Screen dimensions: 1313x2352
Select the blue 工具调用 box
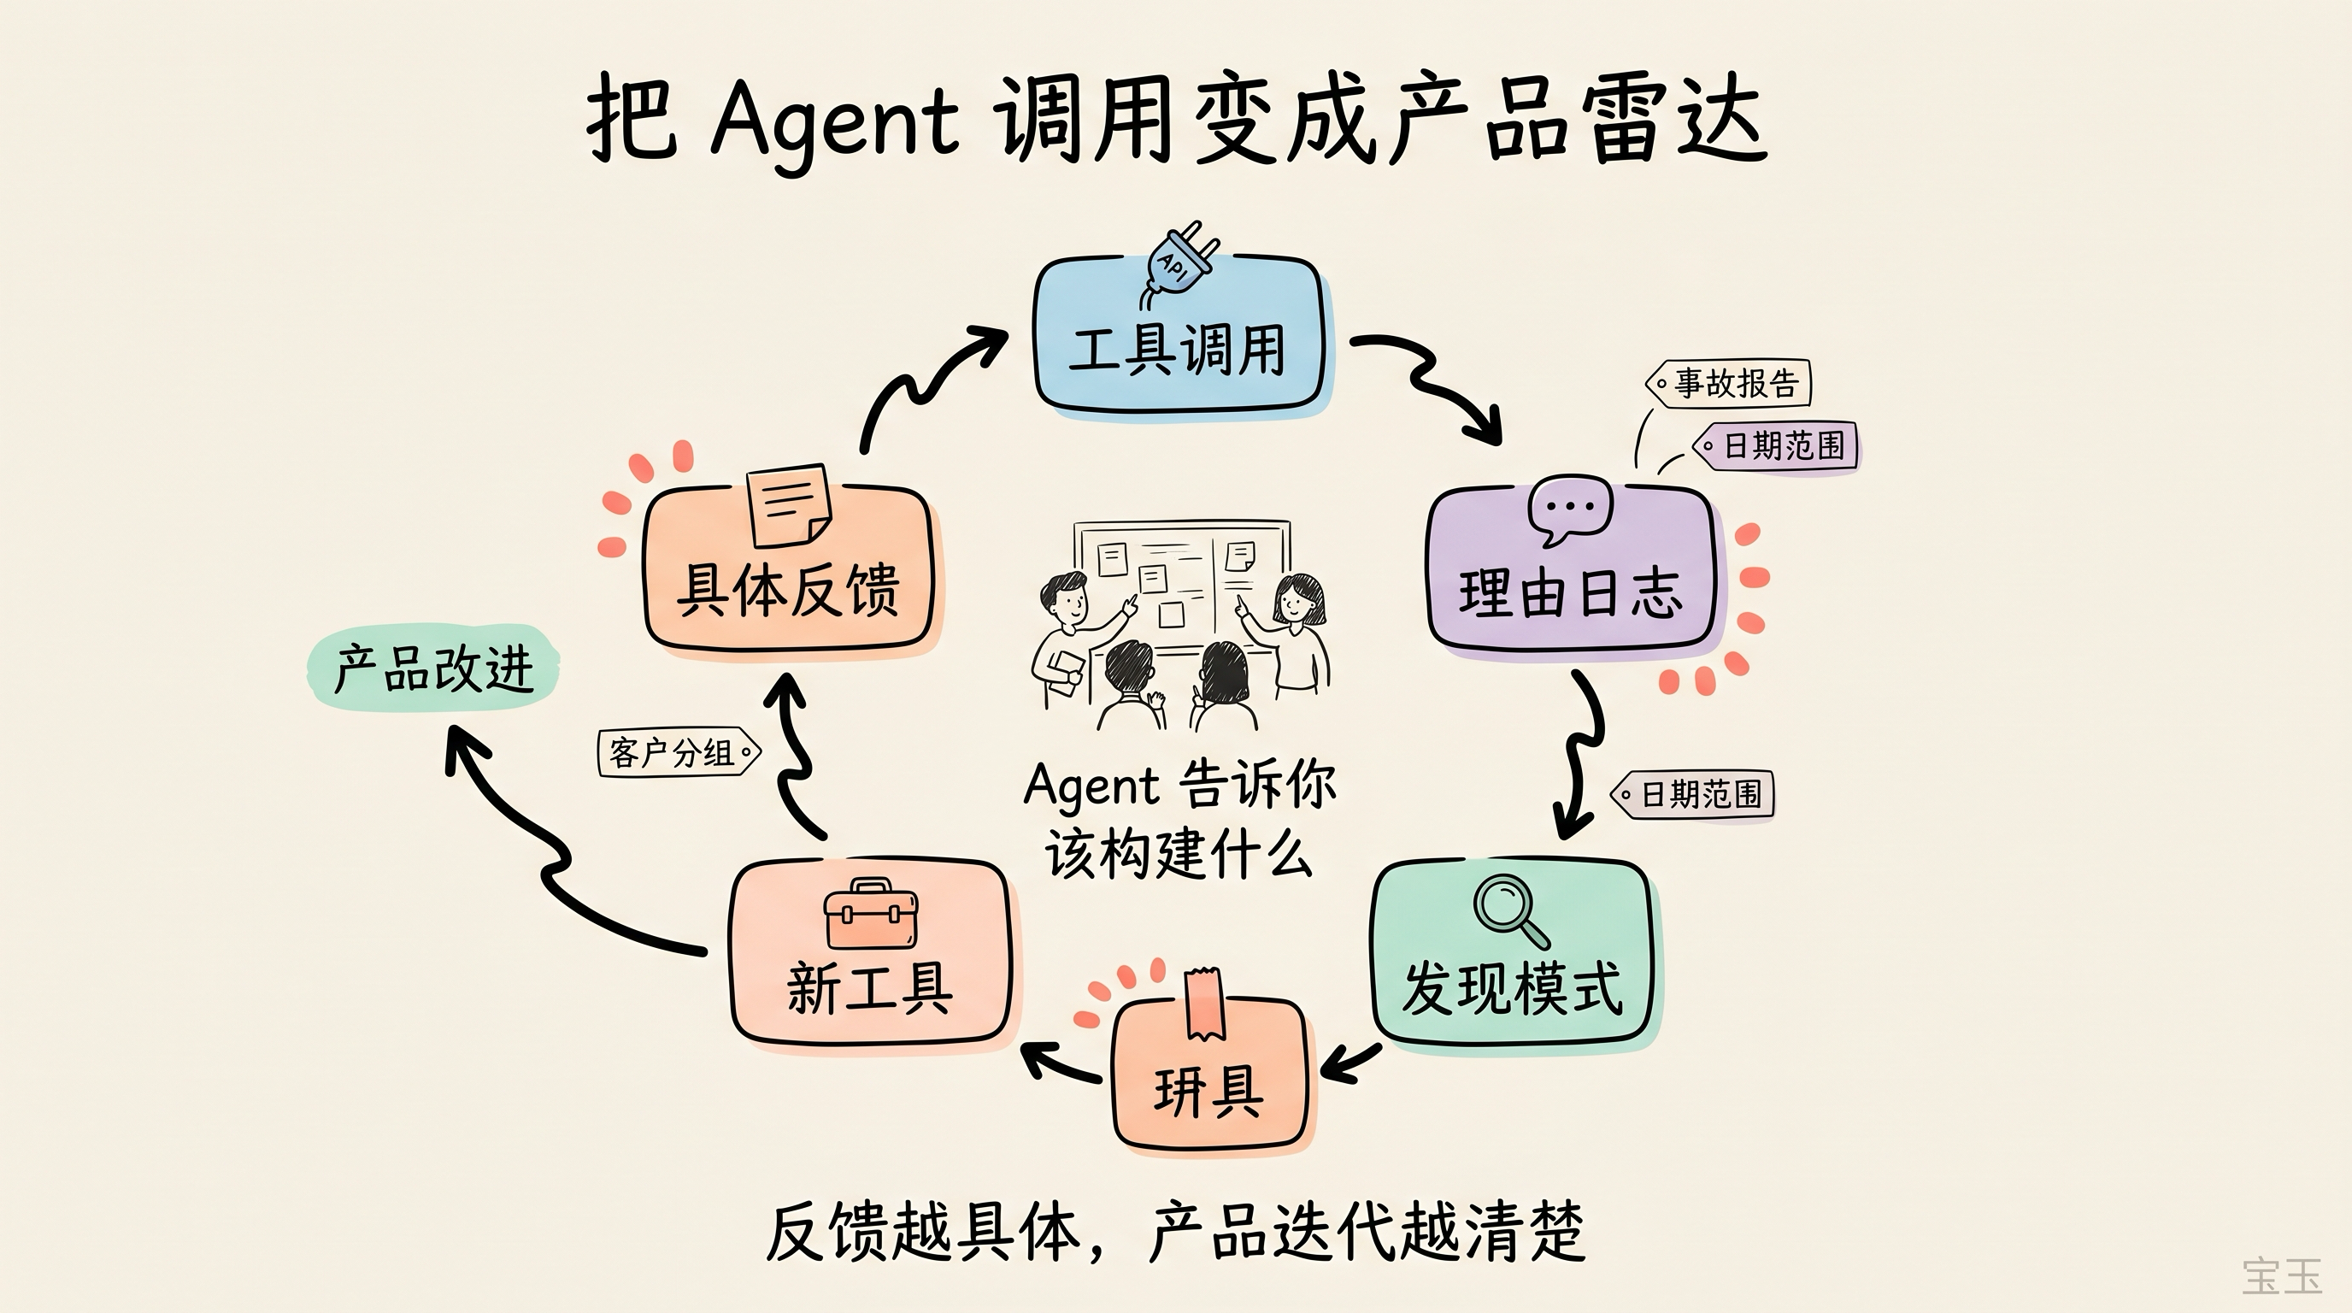(x=1178, y=351)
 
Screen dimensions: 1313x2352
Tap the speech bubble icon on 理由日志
(x=1569, y=510)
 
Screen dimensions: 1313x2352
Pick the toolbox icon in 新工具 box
(x=870, y=916)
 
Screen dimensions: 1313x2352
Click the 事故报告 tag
(x=1728, y=384)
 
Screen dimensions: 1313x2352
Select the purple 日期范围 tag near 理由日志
(x=1776, y=446)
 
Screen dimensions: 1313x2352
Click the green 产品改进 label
(x=432, y=668)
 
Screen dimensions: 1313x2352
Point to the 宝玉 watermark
(x=2281, y=1276)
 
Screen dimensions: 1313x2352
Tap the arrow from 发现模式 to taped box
(x=1349, y=1063)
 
